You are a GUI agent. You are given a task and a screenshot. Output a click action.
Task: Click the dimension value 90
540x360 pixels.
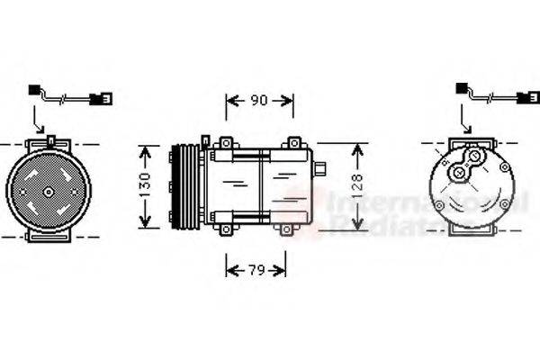click(258, 101)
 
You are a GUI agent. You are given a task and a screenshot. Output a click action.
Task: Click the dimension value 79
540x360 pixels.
click(256, 268)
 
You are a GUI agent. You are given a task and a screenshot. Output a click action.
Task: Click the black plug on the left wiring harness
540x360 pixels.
click(34, 90)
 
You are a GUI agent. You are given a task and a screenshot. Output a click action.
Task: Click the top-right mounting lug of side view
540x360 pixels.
click(293, 144)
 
